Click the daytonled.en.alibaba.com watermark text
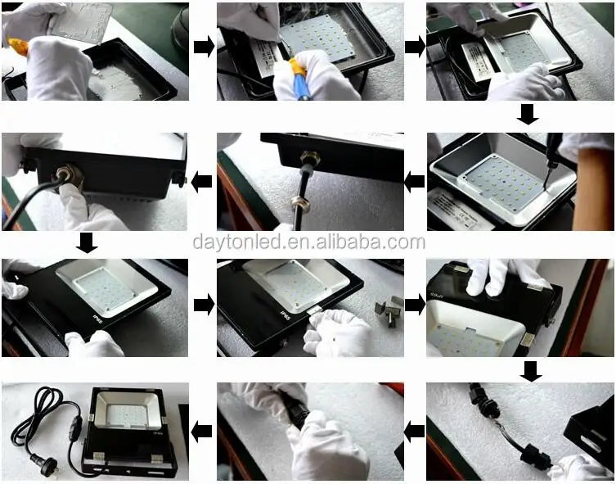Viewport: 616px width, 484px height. [309, 242]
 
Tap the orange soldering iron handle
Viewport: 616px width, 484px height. [18, 47]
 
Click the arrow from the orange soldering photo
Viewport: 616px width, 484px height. [204, 47]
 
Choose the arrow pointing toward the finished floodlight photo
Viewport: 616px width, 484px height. [201, 431]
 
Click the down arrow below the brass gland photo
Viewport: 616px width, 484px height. [87, 242]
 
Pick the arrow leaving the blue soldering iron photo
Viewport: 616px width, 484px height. [415, 47]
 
